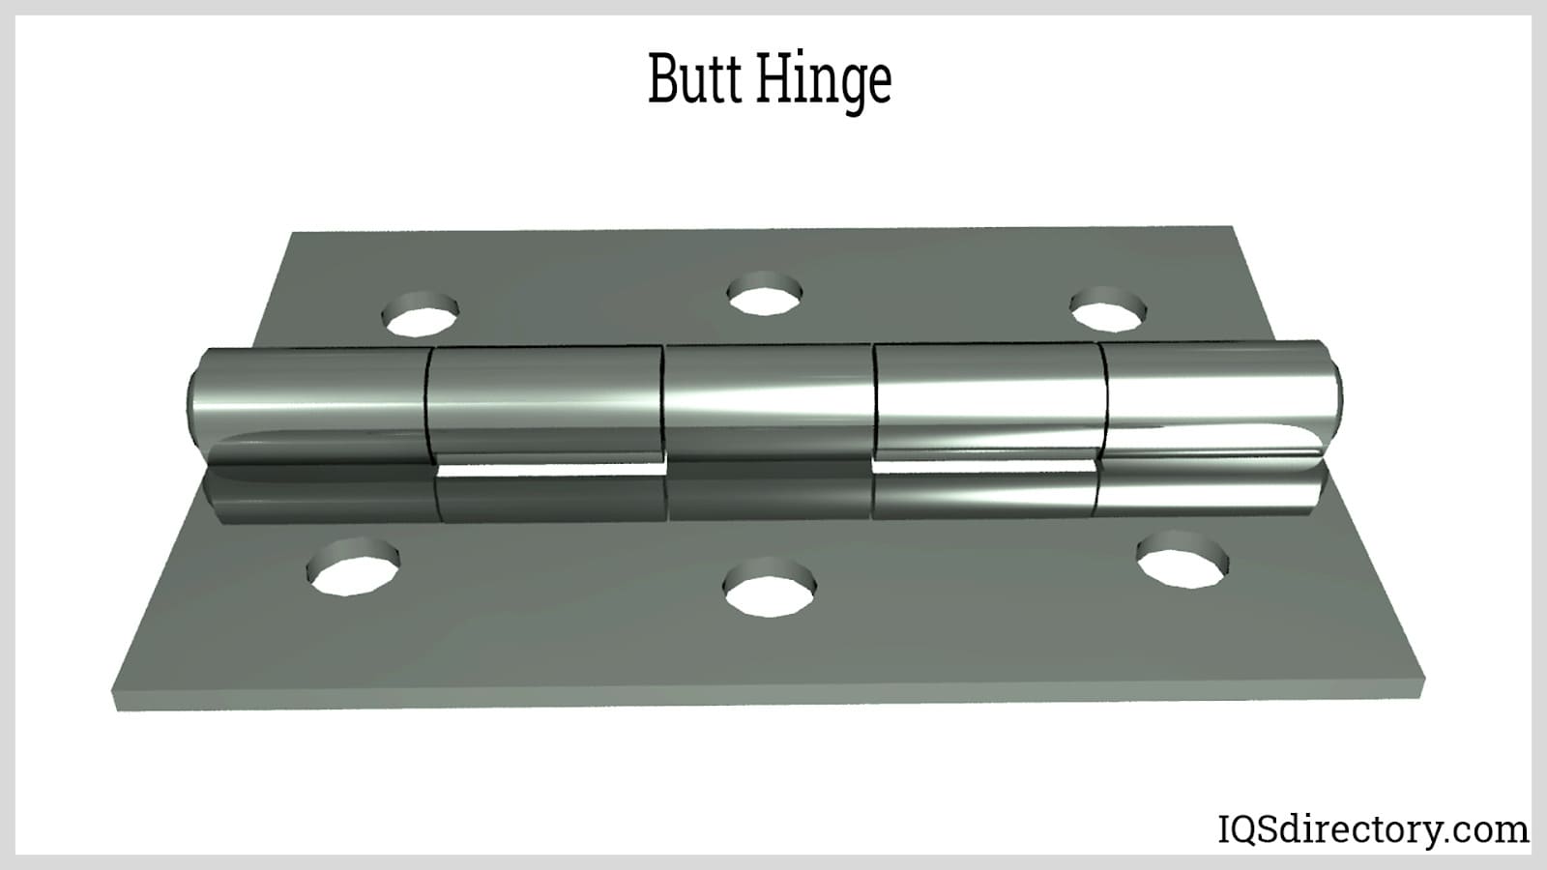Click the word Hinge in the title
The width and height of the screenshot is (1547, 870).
point(826,83)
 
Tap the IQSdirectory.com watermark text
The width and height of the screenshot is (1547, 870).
point(1373,829)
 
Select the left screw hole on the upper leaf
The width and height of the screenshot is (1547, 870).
point(420,315)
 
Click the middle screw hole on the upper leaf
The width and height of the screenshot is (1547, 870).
point(765,294)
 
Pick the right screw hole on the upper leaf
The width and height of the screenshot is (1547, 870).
point(1108,310)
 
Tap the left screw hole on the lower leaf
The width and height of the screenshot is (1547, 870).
point(353,566)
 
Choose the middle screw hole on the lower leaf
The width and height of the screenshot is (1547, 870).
point(770,587)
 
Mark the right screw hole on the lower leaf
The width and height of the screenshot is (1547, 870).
point(1183,560)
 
